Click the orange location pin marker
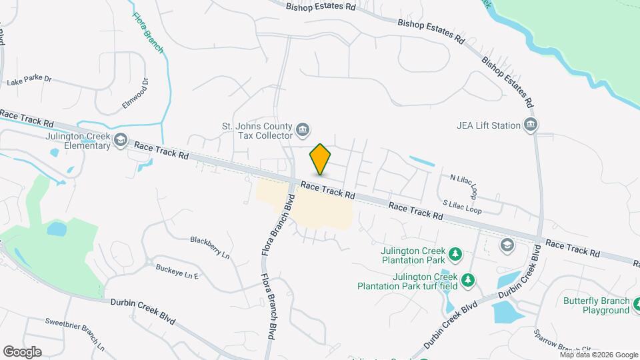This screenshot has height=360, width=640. pyautogui.click(x=321, y=159)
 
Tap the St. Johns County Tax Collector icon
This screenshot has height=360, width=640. pyautogui.click(x=303, y=129)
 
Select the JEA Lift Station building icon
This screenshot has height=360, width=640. pyautogui.click(x=531, y=125)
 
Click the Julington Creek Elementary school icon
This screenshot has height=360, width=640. pyautogui.click(x=120, y=139)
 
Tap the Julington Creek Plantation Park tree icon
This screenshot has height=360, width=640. pyautogui.click(x=455, y=253)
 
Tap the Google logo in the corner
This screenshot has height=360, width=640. pyautogui.click(x=21, y=352)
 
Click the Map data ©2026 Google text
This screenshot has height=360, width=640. pyautogui.click(x=599, y=355)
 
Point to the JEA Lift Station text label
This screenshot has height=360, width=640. pyautogui.click(x=489, y=125)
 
